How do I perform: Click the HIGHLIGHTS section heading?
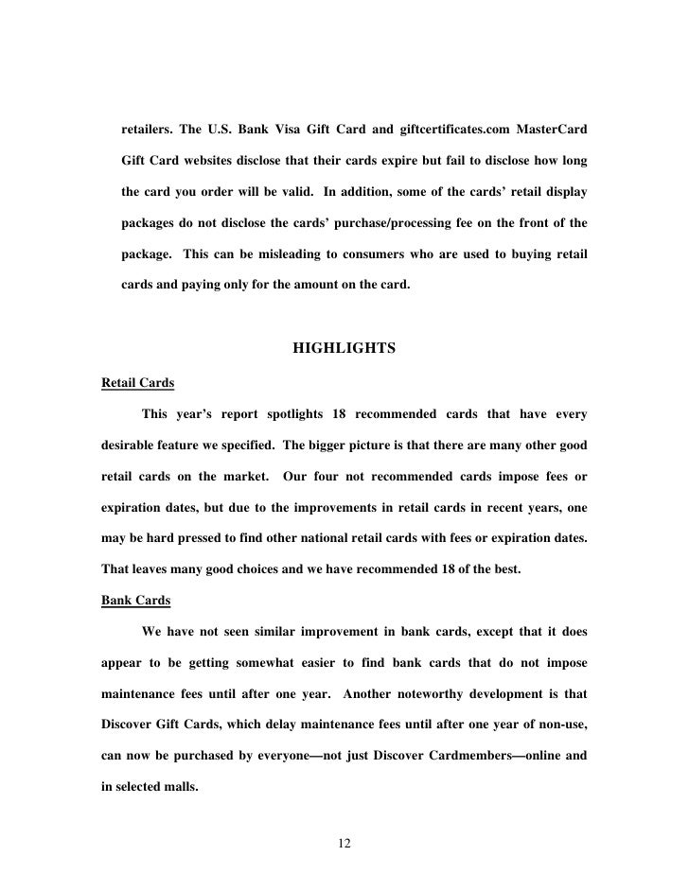tap(344, 349)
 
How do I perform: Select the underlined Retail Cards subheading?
tap(136, 383)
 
